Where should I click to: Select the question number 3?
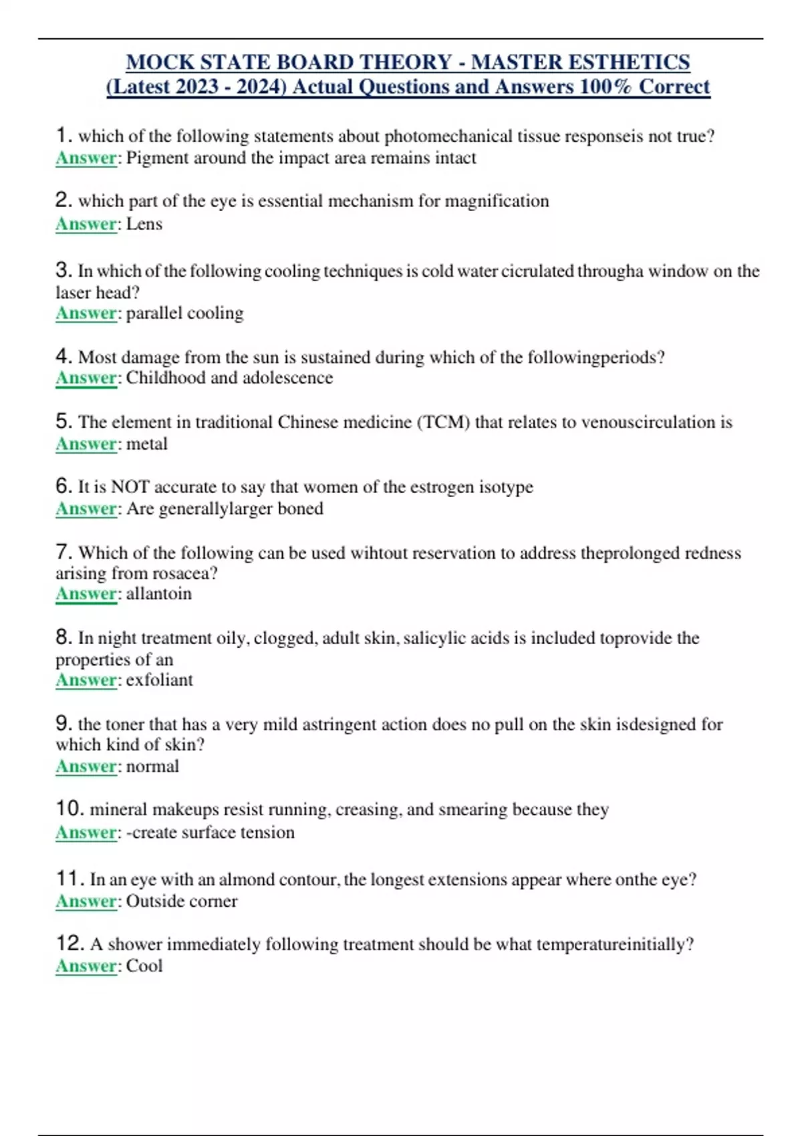[63, 270]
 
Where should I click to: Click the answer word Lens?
[144, 224]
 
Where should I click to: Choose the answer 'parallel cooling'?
[184, 313]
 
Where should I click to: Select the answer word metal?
[146, 444]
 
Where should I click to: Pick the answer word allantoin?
[158, 593]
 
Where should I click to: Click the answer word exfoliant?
[159, 680]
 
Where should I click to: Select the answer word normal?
[152, 766]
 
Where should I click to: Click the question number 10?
[70, 809]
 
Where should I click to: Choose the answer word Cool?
[144, 966]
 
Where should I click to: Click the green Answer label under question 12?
[86, 966]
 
